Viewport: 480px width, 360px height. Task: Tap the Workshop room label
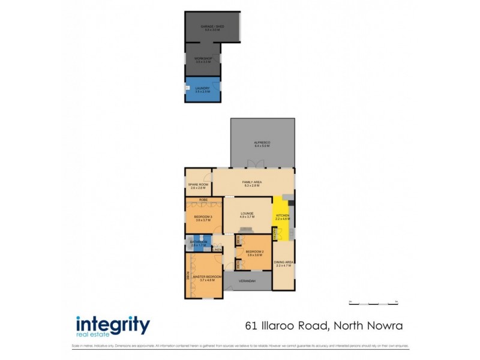click(204, 59)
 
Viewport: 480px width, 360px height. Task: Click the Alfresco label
click(263, 143)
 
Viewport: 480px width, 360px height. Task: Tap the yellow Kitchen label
click(282, 217)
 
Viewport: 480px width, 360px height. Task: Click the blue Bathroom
click(198, 244)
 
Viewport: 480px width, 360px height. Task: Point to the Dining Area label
click(283, 263)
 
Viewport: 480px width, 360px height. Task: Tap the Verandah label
click(247, 281)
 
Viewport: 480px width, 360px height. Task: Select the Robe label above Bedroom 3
click(203, 199)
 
